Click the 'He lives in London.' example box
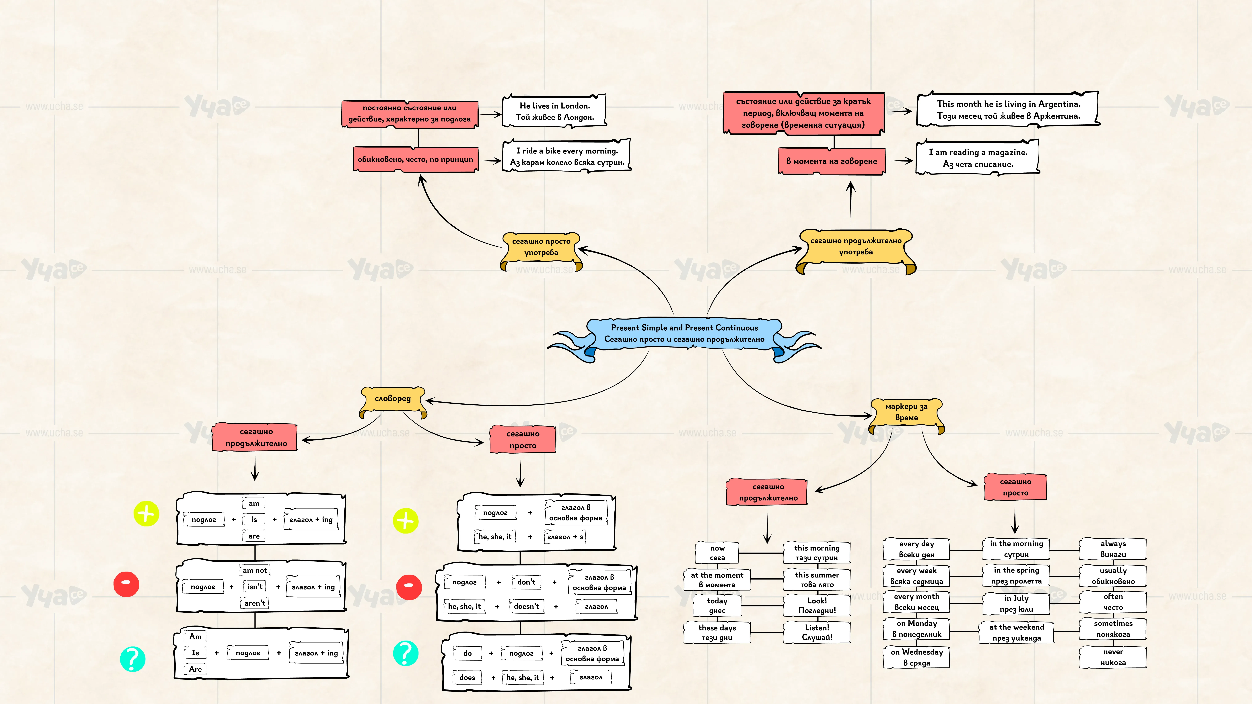pos(555,111)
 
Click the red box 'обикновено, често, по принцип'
pos(416,159)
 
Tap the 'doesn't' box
pos(526,606)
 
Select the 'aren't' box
pos(255,603)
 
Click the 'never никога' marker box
pos(1113,657)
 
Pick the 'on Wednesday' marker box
pos(917,657)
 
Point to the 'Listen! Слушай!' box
pos(817,632)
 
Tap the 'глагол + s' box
pos(565,536)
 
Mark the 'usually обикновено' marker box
pos(1113,576)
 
